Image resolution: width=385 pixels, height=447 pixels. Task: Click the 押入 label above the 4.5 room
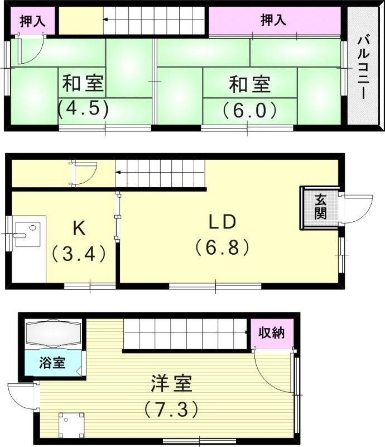tap(32, 21)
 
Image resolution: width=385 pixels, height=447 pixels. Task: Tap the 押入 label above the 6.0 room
tap(273, 21)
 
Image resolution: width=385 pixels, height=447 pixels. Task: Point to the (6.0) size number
tap(249, 109)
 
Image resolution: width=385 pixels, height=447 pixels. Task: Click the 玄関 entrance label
tap(320, 207)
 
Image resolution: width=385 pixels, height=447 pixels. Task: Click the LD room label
tap(223, 222)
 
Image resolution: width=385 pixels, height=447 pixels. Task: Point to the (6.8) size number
tap(222, 247)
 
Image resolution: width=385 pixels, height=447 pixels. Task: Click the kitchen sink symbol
tap(27, 233)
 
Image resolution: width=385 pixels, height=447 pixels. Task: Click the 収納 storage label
tap(272, 333)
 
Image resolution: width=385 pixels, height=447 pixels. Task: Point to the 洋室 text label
tap(171, 384)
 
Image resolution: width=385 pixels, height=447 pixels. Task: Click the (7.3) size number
tap(171, 411)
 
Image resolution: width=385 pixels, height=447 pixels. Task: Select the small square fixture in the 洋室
tap(71, 425)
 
